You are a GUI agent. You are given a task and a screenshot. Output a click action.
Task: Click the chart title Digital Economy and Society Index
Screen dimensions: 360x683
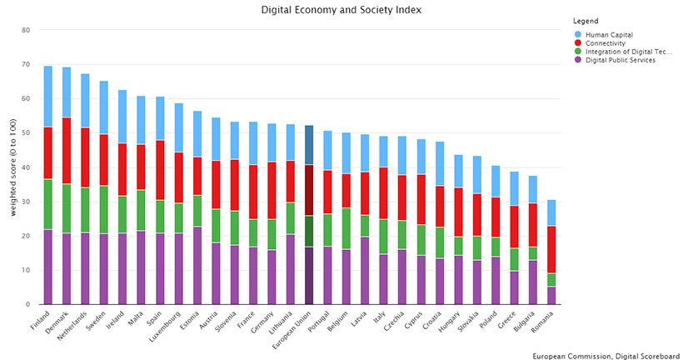pyautogui.click(x=341, y=10)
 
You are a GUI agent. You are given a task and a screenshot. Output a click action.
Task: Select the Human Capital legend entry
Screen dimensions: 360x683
pyautogui.click(x=611, y=34)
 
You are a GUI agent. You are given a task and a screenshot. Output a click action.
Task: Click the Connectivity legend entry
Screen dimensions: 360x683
pyautogui.click(x=610, y=42)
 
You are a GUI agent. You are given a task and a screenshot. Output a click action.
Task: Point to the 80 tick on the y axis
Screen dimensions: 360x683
pyautogui.click(x=26, y=30)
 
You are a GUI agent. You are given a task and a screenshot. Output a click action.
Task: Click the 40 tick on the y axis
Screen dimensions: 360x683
pyautogui.click(x=26, y=167)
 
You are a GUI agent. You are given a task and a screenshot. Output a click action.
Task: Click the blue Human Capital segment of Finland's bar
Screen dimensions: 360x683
pyautogui.click(x=48, y=96)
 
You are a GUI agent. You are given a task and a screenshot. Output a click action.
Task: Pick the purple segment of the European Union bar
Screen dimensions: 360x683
pyautogui.click(x=309, y=275)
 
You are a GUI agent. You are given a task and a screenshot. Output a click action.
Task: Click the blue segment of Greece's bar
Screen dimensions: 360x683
pyautogui.click(x=514, y=188)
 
